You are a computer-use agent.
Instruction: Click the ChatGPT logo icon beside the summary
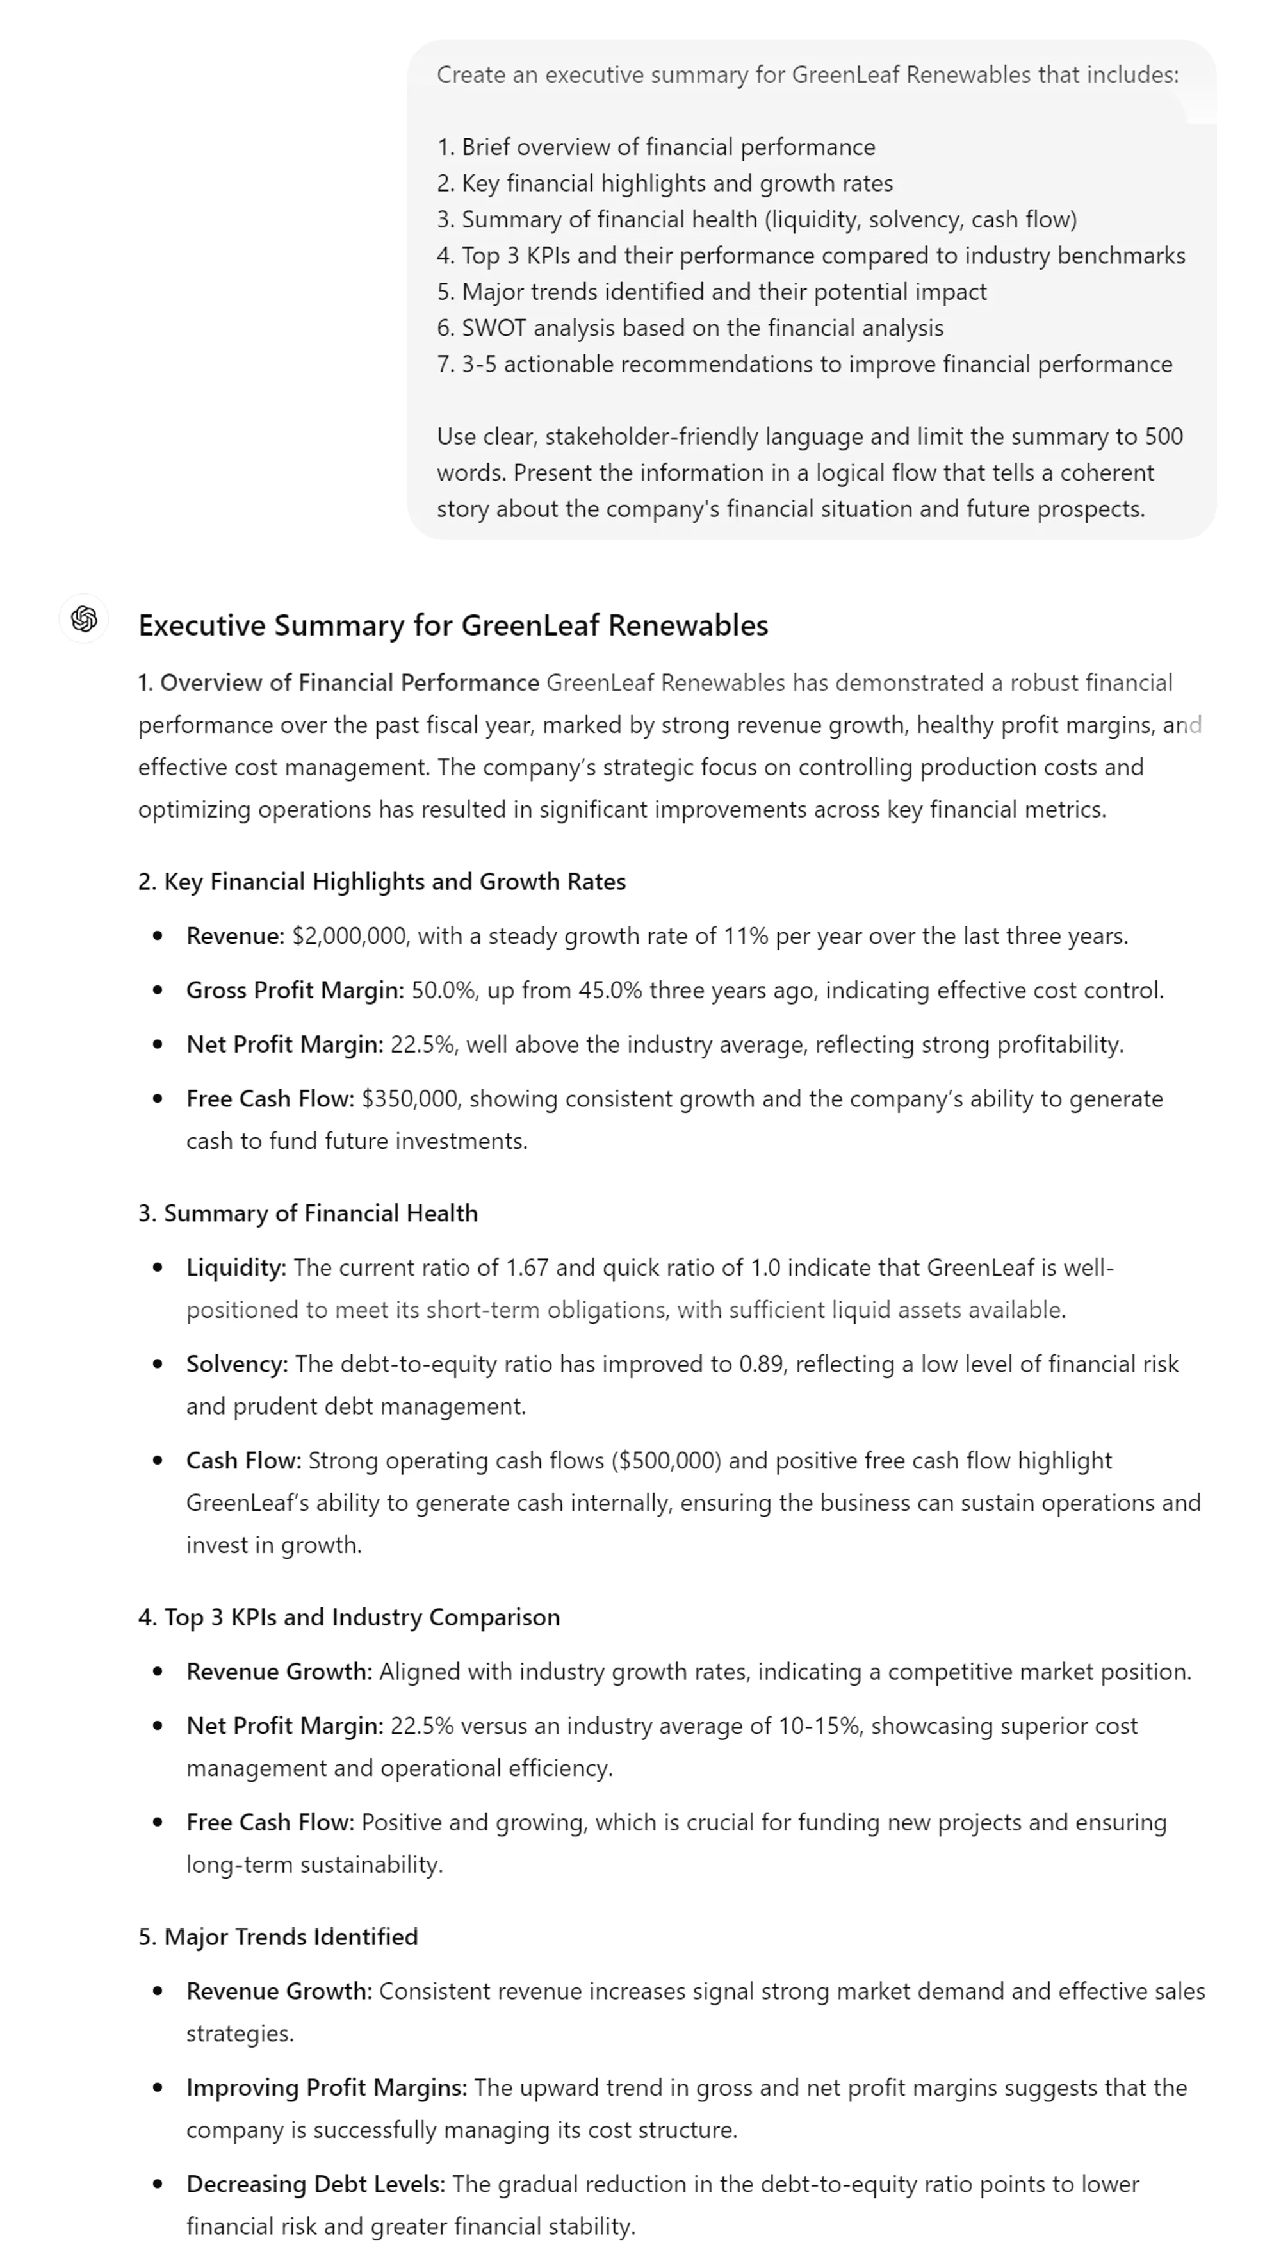pyautogui.click(x=83, y=620)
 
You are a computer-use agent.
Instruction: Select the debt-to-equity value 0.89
pyautogui.click(x=761, y=1364)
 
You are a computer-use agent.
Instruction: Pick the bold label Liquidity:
pyautogui.click(x=236, y=1267)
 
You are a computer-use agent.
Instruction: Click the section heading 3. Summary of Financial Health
pyautogui.click(x=308, y=1213)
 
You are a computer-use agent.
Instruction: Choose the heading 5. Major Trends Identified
pyautogui.click(x=278, y=1937)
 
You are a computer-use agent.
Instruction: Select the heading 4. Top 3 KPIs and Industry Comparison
pyautogui.click(x=348, y=1618)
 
